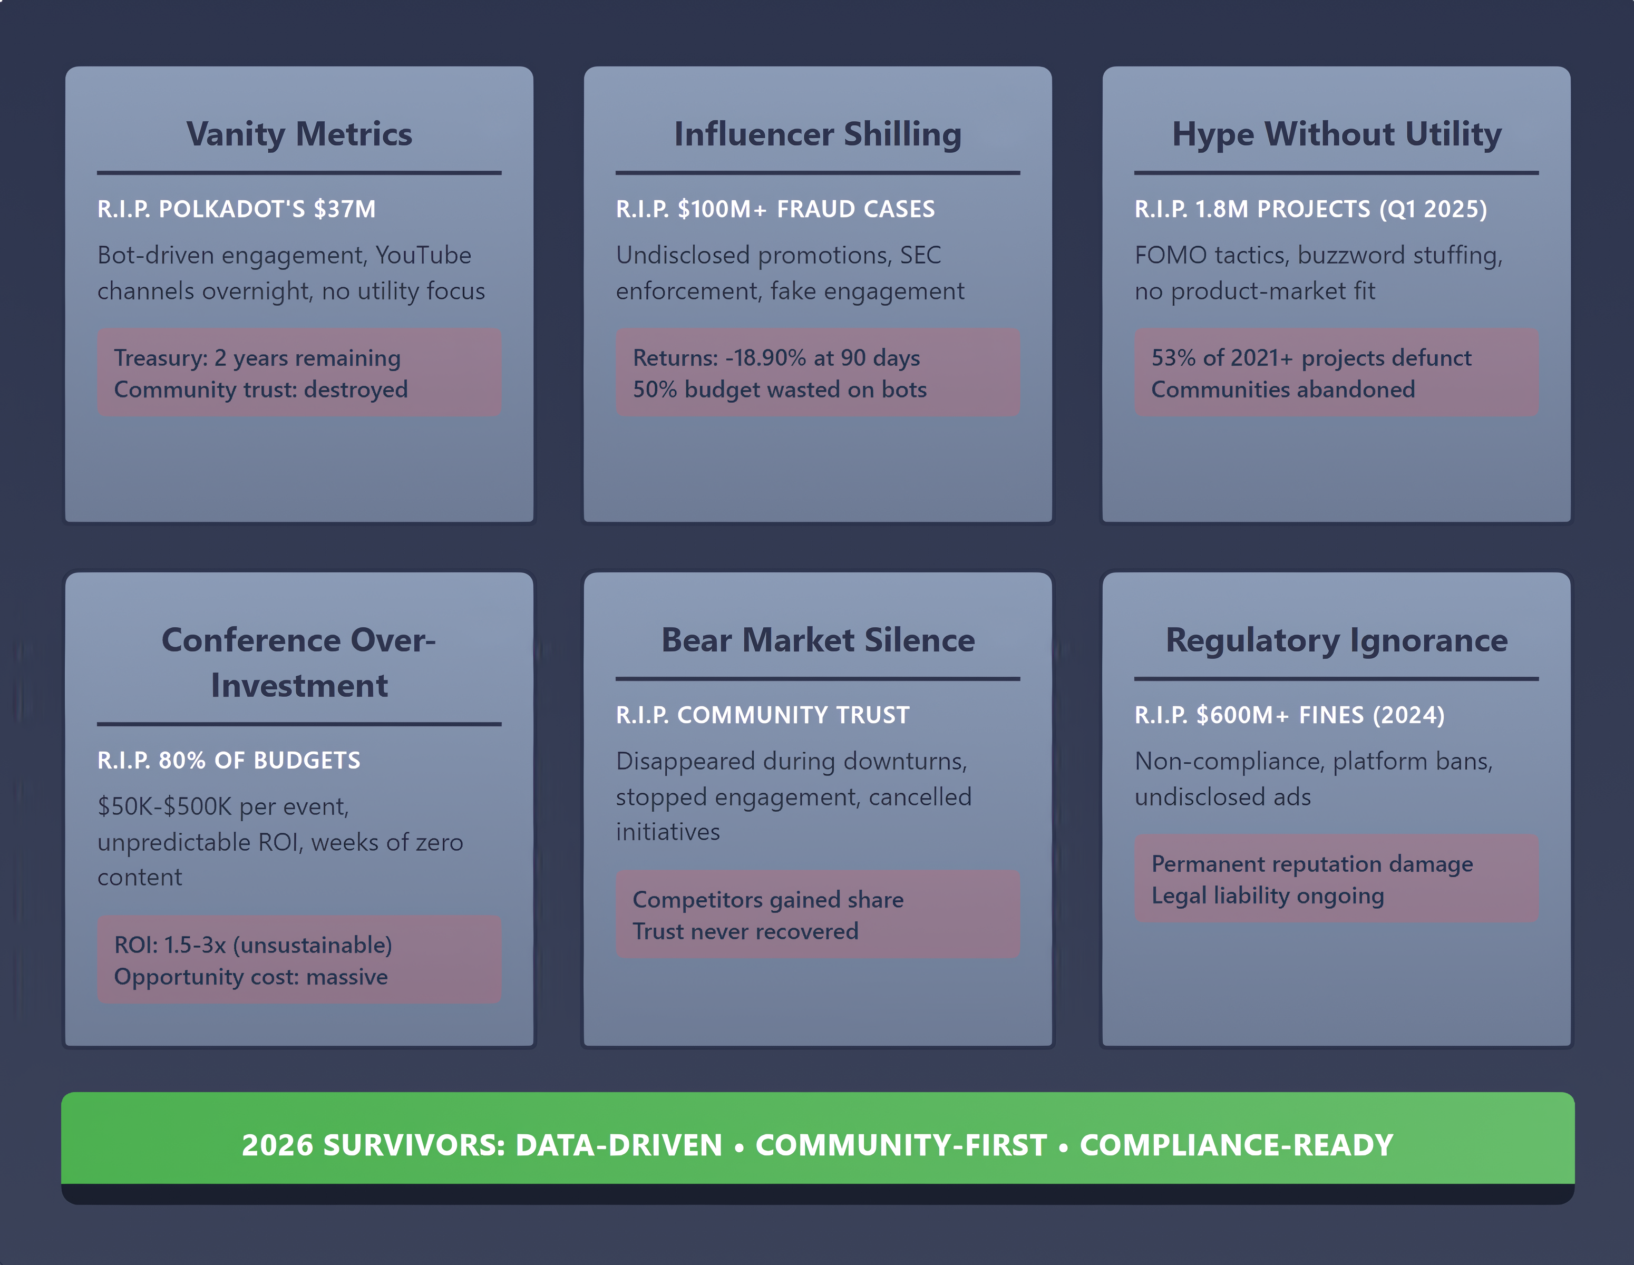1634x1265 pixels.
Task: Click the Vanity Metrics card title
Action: pos(299,134)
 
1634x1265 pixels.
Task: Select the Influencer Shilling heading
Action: pos(818,134)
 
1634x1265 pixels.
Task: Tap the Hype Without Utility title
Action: pos(1336,134)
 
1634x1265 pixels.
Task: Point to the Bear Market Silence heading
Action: pos(818,640)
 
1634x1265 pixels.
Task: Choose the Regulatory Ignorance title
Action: pos(1336,641)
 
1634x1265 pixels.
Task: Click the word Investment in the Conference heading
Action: pos(299,686)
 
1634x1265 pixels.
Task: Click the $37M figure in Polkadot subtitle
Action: pos(345,209)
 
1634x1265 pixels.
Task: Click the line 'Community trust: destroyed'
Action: pos(261,390)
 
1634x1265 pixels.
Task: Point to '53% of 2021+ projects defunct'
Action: pos(1311,357)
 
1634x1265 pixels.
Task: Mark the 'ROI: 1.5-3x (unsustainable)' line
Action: pos(254,946)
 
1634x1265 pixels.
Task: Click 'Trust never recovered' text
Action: pos(745,931)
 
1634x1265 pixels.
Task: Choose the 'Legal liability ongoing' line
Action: pos(1267,896)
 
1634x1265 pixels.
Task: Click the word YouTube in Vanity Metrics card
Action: pos(423,255)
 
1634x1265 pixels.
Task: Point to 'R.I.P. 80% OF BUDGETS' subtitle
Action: pos(229,761)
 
